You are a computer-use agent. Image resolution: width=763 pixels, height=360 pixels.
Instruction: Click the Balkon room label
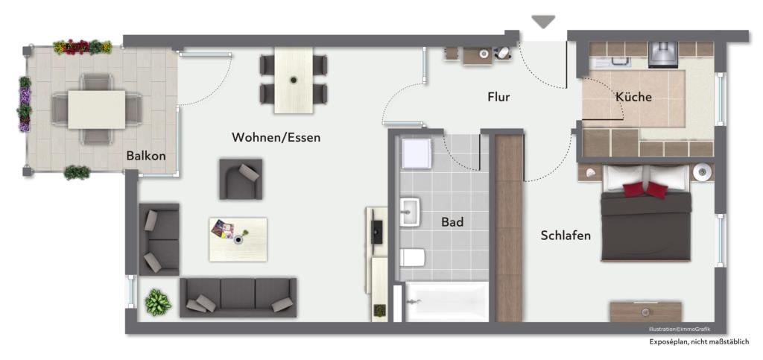[x=146, y=156]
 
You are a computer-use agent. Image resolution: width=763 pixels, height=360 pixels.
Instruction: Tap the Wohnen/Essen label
[x=276, y=137]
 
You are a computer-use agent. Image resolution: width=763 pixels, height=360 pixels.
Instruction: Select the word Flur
[x=498, y=97]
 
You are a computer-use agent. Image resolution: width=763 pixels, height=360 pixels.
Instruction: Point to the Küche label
[x=633, y=97]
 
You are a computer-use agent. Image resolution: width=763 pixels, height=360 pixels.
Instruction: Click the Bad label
[x=452, y=222]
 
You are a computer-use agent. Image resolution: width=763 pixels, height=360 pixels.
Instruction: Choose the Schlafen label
[x=566, y=236]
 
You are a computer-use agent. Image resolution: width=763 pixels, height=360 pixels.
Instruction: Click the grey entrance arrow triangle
[x=543, y=22]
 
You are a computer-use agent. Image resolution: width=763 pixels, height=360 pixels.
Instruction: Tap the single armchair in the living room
[x=241, y=179]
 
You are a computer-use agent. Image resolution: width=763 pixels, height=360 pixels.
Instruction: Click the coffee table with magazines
[x=238, y=239]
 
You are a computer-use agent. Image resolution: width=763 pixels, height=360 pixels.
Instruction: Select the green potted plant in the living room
[x=158, y=302]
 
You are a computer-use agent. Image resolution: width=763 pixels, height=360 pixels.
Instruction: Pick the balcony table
[x=97, y=110]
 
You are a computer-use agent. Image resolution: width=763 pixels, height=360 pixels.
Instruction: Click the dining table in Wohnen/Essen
[x=294, y=80]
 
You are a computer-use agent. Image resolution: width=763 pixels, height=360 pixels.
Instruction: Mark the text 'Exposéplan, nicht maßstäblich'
[x=698, y=342]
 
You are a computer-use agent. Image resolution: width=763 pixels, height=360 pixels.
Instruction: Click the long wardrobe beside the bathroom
[x=510, y=227]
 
